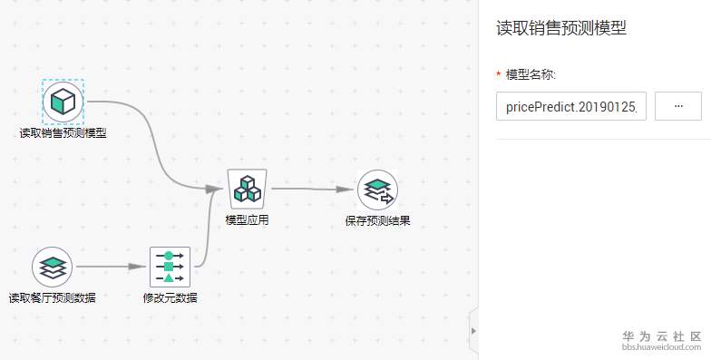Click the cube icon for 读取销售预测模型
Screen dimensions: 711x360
pyautogui.click(x=63, y=102)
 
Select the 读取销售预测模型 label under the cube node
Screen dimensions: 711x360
pyautogui.click(x=63, y=133)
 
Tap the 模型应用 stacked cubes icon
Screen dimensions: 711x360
pyautogui.click(x=247, y=189)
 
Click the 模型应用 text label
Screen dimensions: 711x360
pyautogui.click(x=247, y=220)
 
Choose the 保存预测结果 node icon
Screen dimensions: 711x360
pyautogui.click(x=377, y=190)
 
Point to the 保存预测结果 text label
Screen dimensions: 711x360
pyautogui.click(x=377, y=221)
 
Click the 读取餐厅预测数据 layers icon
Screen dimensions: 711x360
pyautogui.click(x=53, y=267)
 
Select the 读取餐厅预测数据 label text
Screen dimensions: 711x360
pyautogui.click(x=53, y=297)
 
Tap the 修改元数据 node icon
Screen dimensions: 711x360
pyautogui.click(x=170, y=267)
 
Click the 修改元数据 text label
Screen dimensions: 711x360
pyautogui.click(x=170, y=297)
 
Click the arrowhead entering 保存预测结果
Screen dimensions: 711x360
pyautogui.click(x=345, y=189)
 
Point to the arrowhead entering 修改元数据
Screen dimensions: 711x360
pyautogui.click(x=138, y=267)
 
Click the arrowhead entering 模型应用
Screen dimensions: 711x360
pyautogui.click(x=214, y=189)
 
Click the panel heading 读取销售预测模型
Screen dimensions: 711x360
pyautogui.click(x=561, y=28)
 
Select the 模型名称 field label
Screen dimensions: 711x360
pyautogui.click(x=531, y=74)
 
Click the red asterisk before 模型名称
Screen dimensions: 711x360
pyautogui.click(x=499, y=74)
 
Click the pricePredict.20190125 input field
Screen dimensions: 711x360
pyautogui.click(x=571, y=107)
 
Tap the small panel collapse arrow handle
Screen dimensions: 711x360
pyautogui.click(x=473, y=330)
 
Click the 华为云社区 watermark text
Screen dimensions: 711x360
pyautogui.click(x=662, y=336)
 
